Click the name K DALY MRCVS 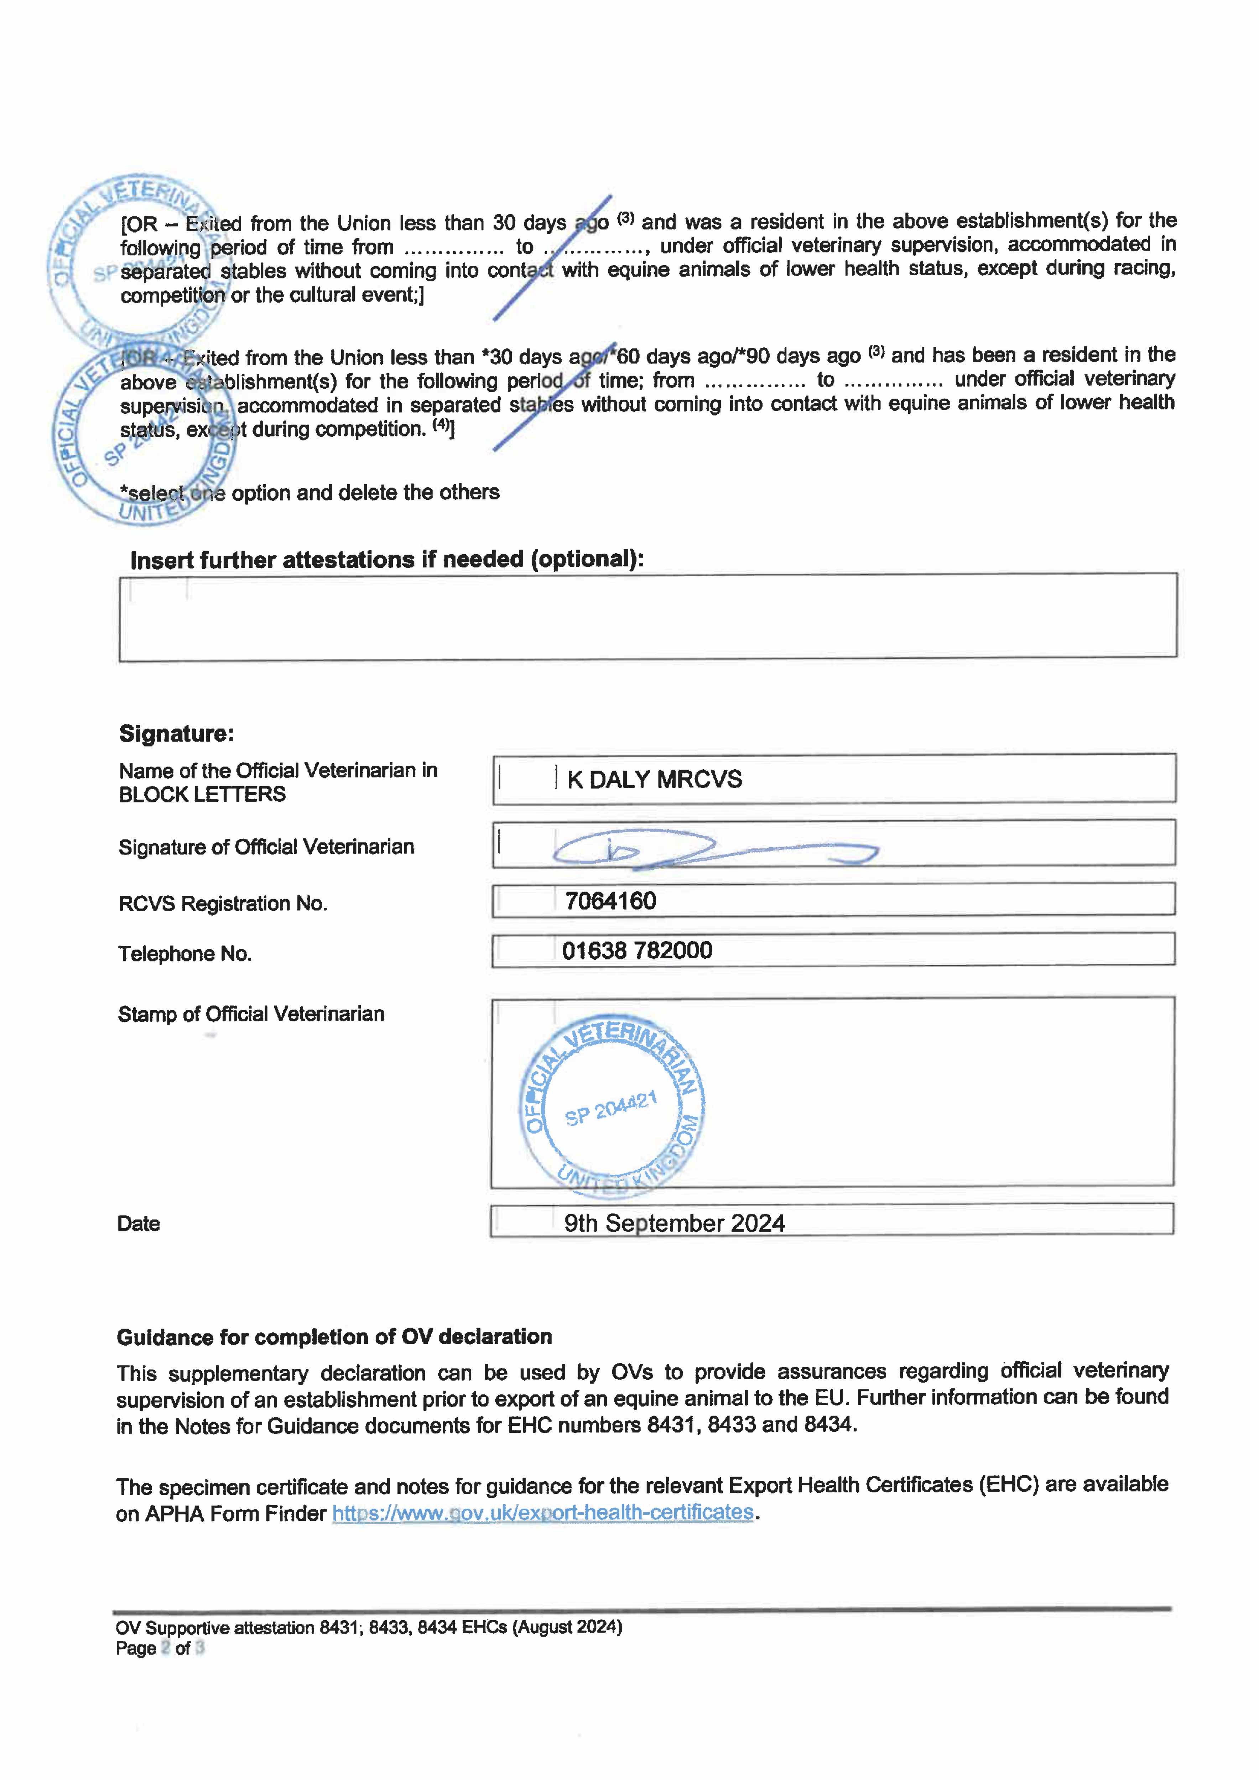click(654, 779)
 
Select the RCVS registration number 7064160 click(610, 901)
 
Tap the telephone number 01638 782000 click(637, 951)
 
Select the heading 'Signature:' click(176, 733)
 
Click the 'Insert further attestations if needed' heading click(386, 560)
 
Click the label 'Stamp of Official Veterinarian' click(251, 1014)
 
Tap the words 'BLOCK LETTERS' click(202, 795)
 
